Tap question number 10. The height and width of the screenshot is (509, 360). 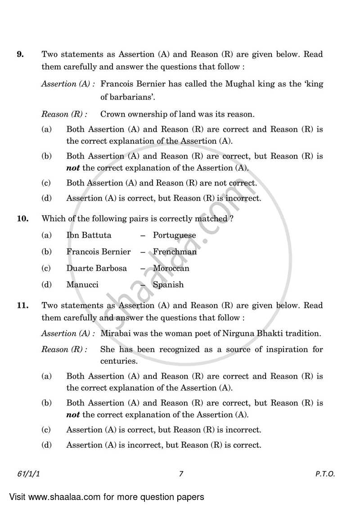point(22,219)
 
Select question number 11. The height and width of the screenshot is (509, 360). point(22,305)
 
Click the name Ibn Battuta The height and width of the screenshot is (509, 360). point(89,235)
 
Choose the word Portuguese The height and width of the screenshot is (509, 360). point(174,235)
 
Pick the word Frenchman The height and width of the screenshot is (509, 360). point(175,252)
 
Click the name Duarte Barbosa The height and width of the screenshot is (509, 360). point(96,268)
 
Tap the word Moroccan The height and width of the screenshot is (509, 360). point(171,268)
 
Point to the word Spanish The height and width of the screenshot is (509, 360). point(168,284)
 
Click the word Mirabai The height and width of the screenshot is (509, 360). point(115,333)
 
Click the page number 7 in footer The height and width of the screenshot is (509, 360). point(180,473)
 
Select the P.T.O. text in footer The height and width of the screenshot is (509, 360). point(325,473)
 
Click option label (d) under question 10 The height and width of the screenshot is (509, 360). point(46,284)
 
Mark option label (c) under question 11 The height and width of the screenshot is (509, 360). point(46,429)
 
